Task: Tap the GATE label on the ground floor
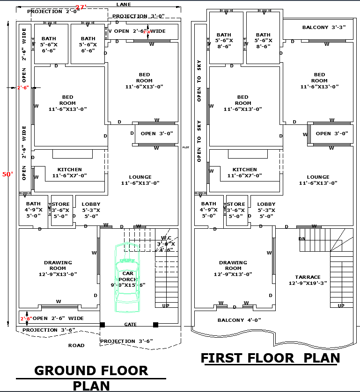[x=131, y=324]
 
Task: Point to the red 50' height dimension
[x=7, y=174]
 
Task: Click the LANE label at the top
[x=124, y=4]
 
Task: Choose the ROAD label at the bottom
[x=76, y=345]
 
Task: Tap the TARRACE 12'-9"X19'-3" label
[x=308, y=280]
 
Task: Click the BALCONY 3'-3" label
[x=324, y=27]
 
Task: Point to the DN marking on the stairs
[x=302, y=239]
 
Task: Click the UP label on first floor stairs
[x=341, y=305]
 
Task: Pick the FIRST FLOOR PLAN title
[x=270, y=358]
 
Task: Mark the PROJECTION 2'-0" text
[x=53, y=11]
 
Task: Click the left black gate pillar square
[x=103, y=325]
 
